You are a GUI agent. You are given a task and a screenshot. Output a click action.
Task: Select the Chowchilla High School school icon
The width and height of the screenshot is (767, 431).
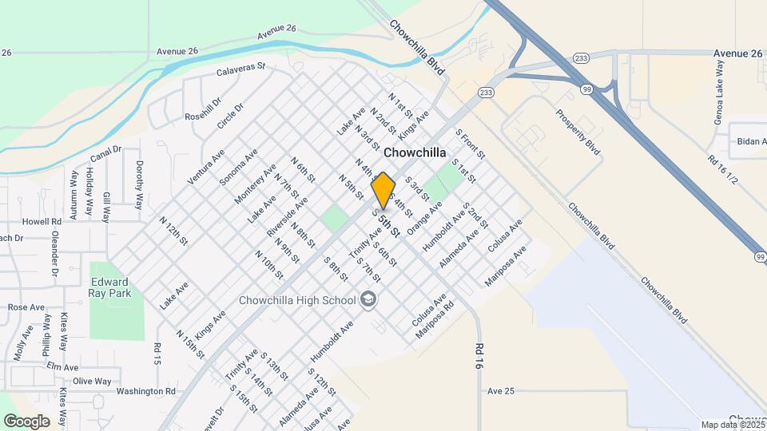[x=368, y=299]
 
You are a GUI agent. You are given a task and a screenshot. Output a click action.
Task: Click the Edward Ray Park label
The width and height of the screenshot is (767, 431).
[x=109, y=287]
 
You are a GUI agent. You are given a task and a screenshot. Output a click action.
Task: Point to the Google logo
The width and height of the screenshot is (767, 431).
[x=26, y=421]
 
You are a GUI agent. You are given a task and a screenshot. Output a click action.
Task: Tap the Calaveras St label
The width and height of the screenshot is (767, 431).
[x=240, y=70]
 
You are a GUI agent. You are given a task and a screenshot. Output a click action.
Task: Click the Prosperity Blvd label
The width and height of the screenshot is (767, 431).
[x=577, y=131]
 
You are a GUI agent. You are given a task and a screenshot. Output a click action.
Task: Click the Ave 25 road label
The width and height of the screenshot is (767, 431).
[x=501, y=391]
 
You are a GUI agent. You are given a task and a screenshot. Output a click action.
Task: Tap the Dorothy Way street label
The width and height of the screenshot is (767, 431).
[x=140, y=184]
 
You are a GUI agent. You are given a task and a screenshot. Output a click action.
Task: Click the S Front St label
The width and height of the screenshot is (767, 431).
[x=465, y=144]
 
